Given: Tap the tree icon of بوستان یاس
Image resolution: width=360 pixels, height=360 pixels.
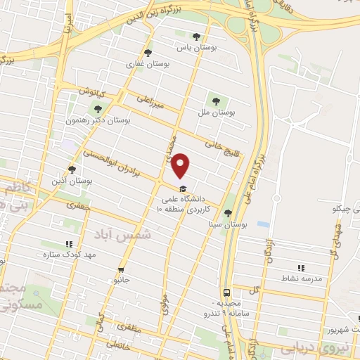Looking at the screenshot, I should click(196, 37).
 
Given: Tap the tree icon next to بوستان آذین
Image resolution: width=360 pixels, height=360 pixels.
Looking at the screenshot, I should click(72, 169).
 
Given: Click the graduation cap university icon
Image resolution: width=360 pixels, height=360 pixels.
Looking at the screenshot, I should click(183, 188).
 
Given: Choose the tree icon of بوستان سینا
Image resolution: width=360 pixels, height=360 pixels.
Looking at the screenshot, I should click(227, 213).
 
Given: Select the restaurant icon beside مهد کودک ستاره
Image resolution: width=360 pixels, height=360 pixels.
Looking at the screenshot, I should click(69, 244).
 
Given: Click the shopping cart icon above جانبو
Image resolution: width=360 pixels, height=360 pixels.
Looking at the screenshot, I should click(121, 269).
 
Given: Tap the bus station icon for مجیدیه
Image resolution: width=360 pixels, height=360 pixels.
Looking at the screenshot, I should click(226, 291).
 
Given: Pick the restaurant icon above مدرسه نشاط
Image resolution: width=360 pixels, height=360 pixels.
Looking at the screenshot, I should click(301, 267).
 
